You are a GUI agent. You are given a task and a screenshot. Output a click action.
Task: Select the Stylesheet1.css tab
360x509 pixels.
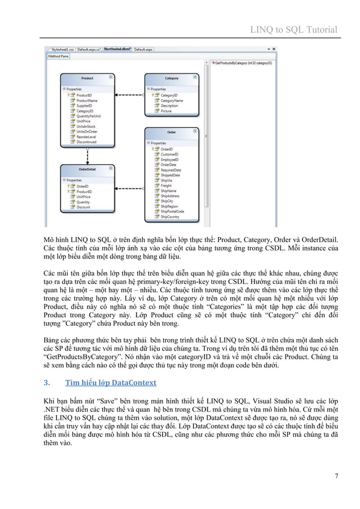click(x=63, y=50)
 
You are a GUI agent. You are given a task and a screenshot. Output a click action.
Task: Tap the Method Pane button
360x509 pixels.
click(x=59, y=56)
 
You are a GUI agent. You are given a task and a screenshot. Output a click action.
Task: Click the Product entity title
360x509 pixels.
click(x=87, y=78)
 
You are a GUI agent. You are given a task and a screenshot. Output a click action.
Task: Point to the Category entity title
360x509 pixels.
click(x=171, y=78)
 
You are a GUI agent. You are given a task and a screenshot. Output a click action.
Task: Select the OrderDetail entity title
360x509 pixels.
click(x=87, y=168)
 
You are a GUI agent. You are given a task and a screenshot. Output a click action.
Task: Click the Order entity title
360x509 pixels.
click(x=172, y=132)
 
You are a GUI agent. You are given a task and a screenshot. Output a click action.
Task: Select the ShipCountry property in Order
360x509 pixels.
click(x=170, y=216)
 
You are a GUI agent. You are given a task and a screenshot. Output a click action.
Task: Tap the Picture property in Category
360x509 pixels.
click(x=166, y=111)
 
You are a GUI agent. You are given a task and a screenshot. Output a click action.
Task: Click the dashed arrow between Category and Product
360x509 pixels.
click(x=130, y=95)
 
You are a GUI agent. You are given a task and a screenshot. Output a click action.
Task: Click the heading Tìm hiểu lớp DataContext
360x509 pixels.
click(x=111, y=383)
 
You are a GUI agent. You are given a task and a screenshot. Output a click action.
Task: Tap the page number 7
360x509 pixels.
click(x=336, y=475)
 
